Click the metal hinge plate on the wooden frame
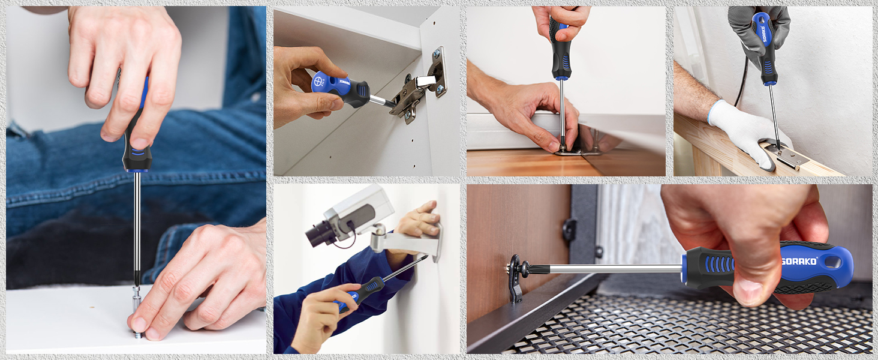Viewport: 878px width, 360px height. point(786,153)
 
